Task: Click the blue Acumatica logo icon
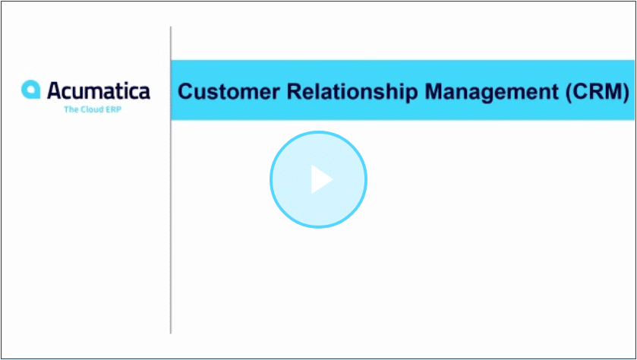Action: pos(31,90)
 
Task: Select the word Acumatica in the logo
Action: pos(99,90)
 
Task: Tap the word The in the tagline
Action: pos(71,109)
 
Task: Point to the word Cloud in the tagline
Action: pos(91,109)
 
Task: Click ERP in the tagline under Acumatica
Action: pos(113,109)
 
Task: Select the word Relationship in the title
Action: pos(352,93)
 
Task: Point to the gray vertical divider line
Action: pos(171,180)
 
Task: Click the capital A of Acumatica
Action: pos(55,90)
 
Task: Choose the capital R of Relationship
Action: pos(295,91)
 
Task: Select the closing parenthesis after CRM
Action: pos(626,93)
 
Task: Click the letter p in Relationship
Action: pos(412,96)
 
